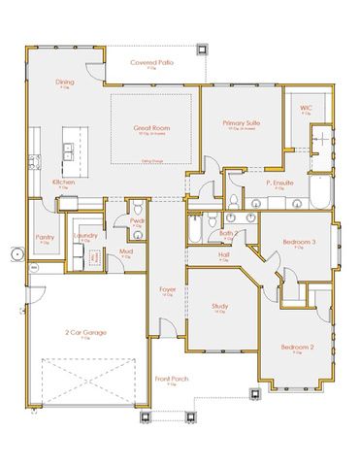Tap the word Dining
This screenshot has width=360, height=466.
point(64,83)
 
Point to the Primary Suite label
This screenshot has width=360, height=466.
point(243,124)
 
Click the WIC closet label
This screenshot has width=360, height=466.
point(306,109)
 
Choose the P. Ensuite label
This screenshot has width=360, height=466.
point(281,183)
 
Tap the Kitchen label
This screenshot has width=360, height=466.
point(65,181)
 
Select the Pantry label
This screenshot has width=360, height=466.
point(45,236)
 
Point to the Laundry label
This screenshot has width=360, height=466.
point(83,235)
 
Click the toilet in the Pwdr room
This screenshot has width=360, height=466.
point(137,210)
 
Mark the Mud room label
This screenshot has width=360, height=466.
point(126,252)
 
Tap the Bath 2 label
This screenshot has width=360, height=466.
point(229,234)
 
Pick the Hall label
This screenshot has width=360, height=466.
point(223,255)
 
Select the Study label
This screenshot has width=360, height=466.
point(220,308)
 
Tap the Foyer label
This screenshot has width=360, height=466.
point(167,288)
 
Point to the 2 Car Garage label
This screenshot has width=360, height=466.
point(85,333)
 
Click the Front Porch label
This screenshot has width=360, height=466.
point(171,380)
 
